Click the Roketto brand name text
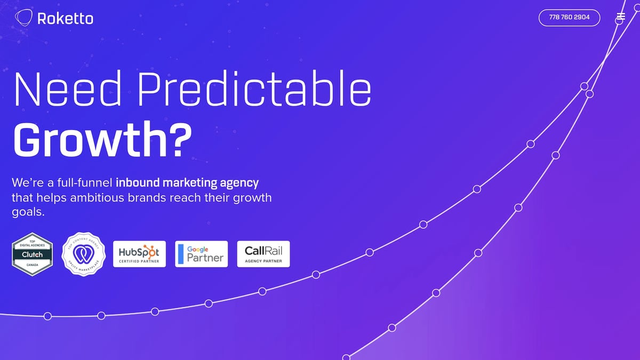pos(65,19)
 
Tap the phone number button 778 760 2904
pos(569,18)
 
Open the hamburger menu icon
pos(620,17)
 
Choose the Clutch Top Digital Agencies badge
pos(33,254)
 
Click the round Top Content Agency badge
pos(84,253)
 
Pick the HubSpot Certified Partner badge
pos(139,254)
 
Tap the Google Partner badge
pos(201,254)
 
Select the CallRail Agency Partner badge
pos(263,254)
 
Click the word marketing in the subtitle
pos(190,183)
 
